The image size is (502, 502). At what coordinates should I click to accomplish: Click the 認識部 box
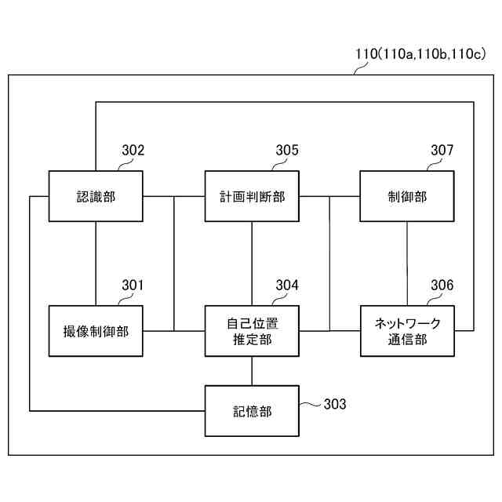(96, 196)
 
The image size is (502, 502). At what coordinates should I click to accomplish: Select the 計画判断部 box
(252, 196)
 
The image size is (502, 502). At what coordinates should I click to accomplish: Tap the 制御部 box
(407, 196)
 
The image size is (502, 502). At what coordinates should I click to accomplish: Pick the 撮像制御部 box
(96, 331)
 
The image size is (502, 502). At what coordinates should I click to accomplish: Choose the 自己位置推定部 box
(252, 331)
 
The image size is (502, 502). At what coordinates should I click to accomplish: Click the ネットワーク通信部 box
(407, 331)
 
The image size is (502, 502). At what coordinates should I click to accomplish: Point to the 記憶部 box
(252, 411)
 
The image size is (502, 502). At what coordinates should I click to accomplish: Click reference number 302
(133, 151)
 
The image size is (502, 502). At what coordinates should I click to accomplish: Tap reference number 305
(287, 151)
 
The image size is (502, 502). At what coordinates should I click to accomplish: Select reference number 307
(442, 151)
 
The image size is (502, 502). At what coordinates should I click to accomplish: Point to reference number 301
(133, 286)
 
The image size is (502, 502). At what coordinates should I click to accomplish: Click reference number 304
(287, 286)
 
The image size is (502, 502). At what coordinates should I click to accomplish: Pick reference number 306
(442, 286)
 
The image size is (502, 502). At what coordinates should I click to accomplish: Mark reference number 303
(334, 404)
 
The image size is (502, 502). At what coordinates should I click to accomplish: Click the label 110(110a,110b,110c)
(419, 54)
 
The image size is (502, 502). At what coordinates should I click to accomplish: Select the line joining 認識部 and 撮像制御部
(96, 264)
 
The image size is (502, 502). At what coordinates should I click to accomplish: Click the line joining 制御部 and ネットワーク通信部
(407, 264)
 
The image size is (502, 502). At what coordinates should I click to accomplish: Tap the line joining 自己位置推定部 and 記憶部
(252, 371)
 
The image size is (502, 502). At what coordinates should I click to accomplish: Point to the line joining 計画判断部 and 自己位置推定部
(252, 264)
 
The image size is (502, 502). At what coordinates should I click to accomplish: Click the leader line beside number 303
(311, 405)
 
